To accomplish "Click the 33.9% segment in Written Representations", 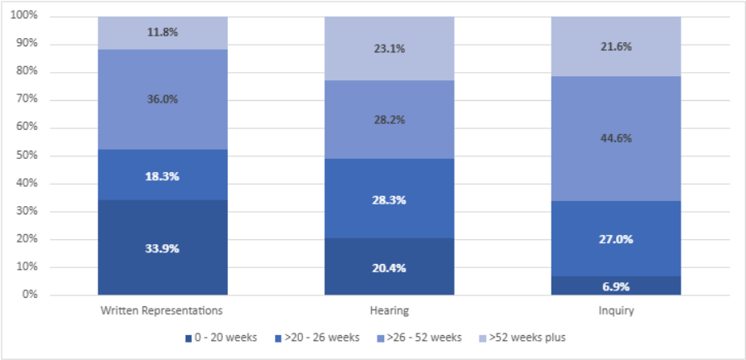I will [x=162, y=247].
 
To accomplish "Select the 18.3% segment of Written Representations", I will [x=162, y=175].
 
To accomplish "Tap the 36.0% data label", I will [x=162, y=98].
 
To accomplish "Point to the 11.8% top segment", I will [x=162, y=32].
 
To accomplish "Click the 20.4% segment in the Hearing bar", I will [x=388, y=266].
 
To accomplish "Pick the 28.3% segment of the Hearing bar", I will [x=388, y=199].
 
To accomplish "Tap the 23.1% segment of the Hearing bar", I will [x=388, y=48].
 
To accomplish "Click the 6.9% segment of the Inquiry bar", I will [x=616, y=286].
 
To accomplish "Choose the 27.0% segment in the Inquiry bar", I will [x=616, y=238].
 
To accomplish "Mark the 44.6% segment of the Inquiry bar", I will [x=616, y=138].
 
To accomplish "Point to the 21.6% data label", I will [x=616, y=47].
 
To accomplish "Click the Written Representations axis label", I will [x=162, y=311].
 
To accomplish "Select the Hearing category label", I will [x=388, y=311].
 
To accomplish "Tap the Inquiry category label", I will [x=616, y=311].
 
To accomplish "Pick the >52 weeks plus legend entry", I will [x=527, y=338].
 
